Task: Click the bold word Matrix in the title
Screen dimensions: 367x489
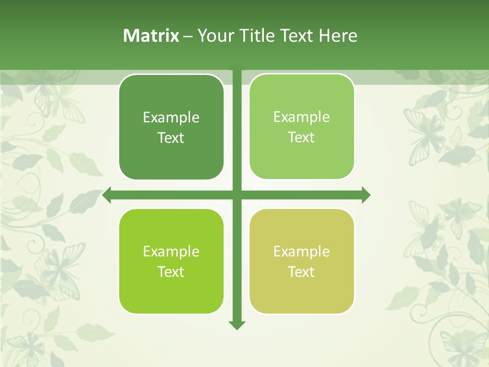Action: pyautogui.click(x=151, y=36)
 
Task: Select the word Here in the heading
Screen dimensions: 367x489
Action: pyautogui.click(x=338, y=36)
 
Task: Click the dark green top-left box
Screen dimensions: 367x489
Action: pyautogui.click(x=171, y=127)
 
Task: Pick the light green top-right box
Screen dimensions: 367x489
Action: pyautogui.click(x=302, y=127)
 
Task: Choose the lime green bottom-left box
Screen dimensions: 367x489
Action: pyautogui.click(x=171, y=261)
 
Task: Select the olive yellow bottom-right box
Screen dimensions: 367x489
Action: pyautogui.click(x=302, y=261)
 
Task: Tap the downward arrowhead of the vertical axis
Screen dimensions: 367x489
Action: pyautogui.click(x=236, y=324)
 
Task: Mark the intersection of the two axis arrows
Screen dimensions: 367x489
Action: pyautogui.click(x=236, y=195)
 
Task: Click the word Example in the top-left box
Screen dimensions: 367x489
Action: pyautogui.click(x=171, y=118)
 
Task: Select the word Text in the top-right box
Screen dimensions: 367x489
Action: pyautogui.click(x=302, y=138)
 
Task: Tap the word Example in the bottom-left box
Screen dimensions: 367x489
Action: pyautogui.click(x=171, y=252)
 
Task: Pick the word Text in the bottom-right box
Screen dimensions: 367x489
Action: pyautogui.click(x=302, y=272)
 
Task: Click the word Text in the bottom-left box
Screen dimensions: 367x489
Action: pyautogui.click(x=171, y=272)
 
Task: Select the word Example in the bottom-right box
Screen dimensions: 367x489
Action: pyautogui.click(x=302, y=252)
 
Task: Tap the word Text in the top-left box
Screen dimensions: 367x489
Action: pyautogui.click(x=171, y=138)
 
